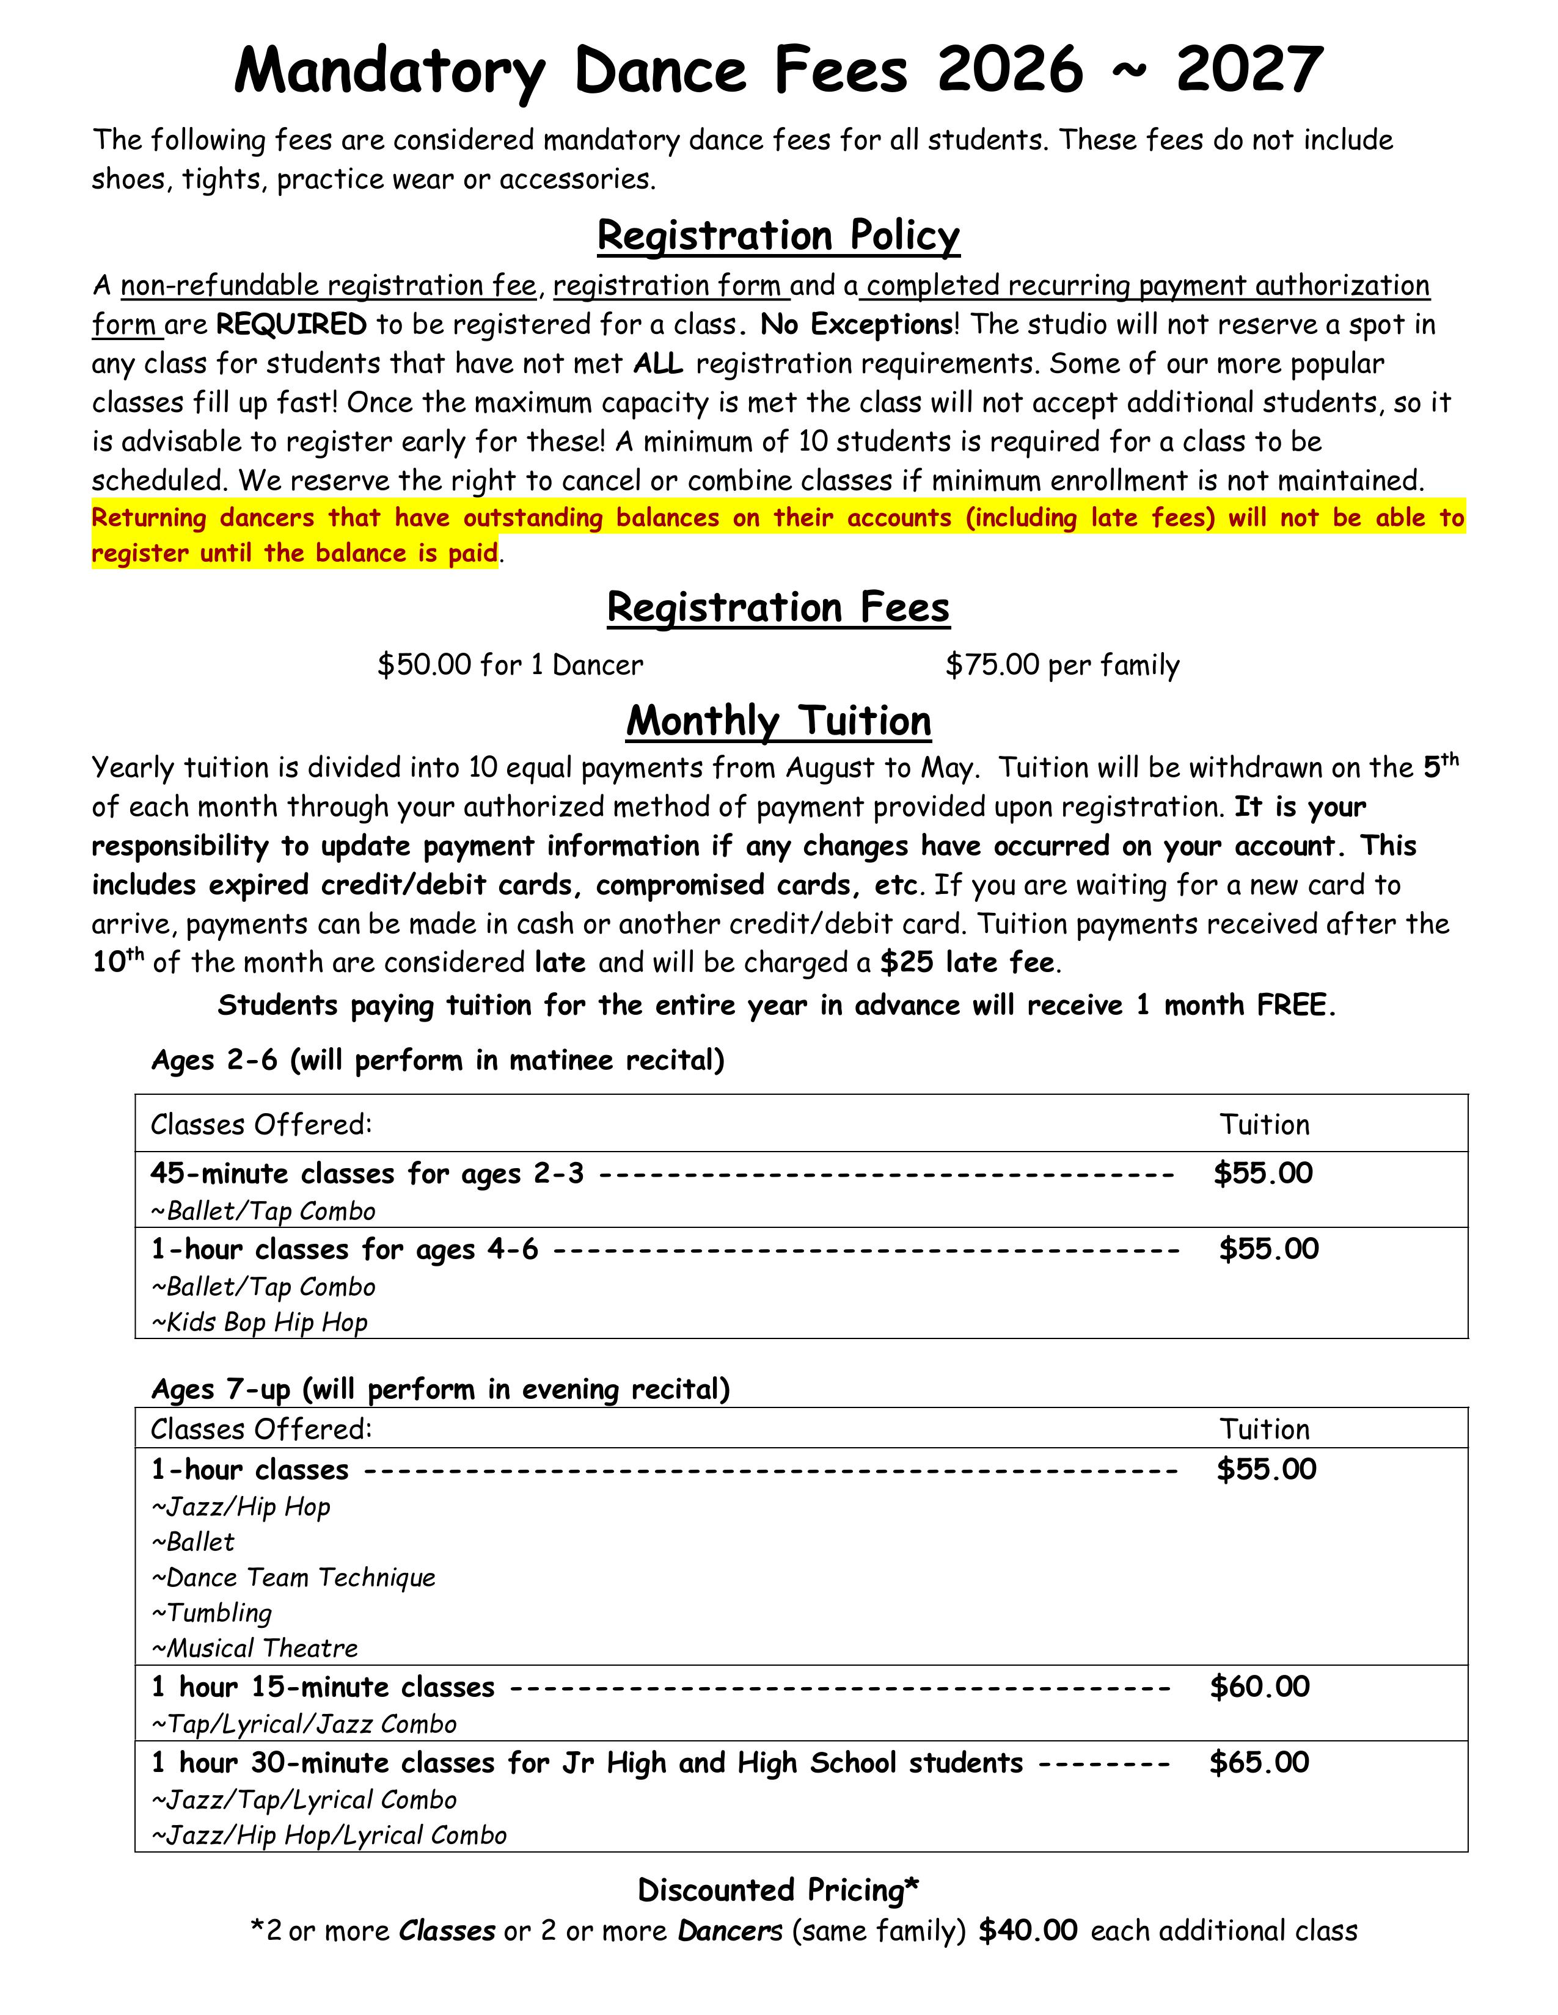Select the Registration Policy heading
click(778, 235)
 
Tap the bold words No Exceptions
click(857, 325)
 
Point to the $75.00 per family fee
click(1061, 665)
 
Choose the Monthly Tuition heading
click(778, 721)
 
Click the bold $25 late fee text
click(967, 963)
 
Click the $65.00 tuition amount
click(1259, 1763)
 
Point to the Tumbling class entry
click(212, 1613)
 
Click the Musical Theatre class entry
click(255, 1649)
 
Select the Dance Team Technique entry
click(293, 1578)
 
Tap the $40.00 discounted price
click(1027, 1931)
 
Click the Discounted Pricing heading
click(778, 1890)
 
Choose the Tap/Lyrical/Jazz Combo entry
click(305, 1724)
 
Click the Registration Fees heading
click(778, 608)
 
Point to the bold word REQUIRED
click(291, 325)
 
